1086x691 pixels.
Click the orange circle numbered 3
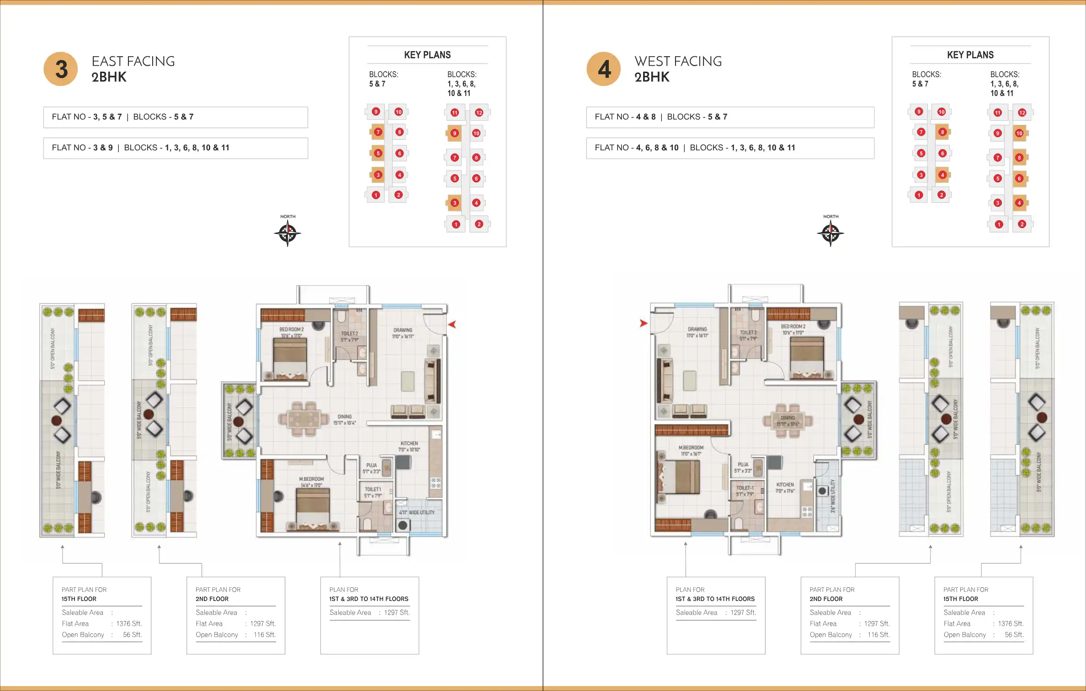point(61,69)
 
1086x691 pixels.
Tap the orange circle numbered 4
point(604,69)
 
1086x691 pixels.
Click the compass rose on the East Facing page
point(287,234)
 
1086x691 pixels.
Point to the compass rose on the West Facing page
point(830,234)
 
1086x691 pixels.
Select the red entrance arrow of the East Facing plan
point(452,324)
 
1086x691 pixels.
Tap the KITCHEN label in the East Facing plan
point(409,443)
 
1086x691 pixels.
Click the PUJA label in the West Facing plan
point(743,464)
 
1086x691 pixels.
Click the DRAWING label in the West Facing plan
point(697,329)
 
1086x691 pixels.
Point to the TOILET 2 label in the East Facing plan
point(350,334)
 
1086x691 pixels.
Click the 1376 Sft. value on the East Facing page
point(129,623)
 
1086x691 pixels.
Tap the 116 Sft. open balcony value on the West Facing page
point(878,635)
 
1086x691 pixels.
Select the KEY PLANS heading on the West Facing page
point(970,55)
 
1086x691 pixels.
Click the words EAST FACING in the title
point(133,61)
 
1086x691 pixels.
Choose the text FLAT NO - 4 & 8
point(625,117)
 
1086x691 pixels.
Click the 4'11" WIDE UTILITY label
point(417,512)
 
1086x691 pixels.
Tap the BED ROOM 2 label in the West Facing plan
point(793,326)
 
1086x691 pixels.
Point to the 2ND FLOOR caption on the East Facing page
point(212,599)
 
